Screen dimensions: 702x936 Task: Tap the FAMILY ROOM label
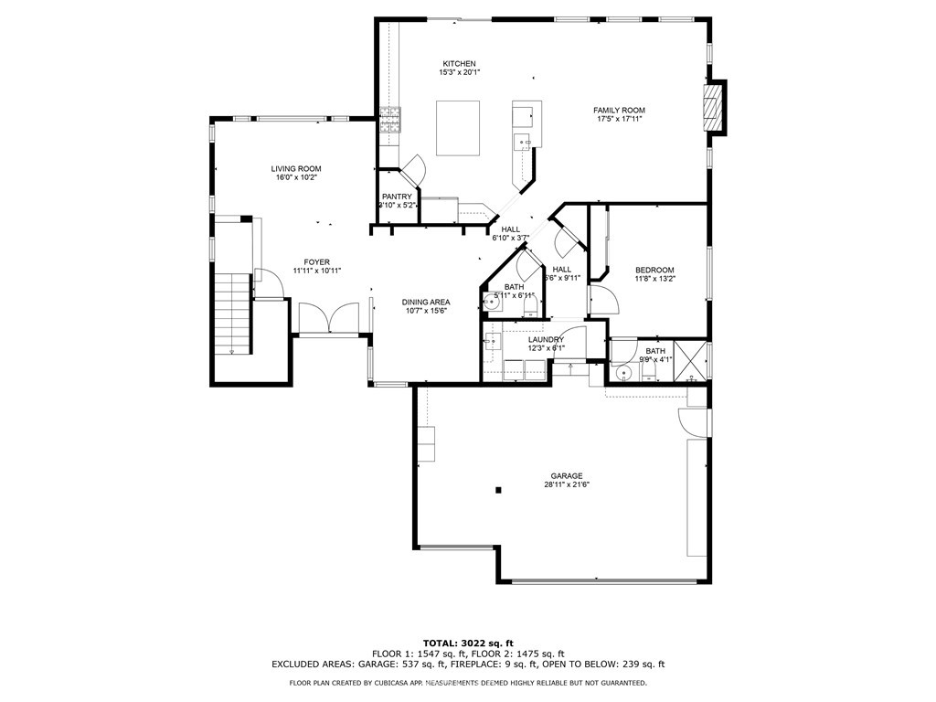(x=621, y=111)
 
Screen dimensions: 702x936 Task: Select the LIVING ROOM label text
(x=295, y=168)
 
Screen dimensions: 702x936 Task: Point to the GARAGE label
(x=566, y=475)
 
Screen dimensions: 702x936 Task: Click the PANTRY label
(x=398, y=197)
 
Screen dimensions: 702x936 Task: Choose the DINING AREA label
(x=425, y=302)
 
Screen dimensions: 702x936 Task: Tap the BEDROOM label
(x=654, y=270)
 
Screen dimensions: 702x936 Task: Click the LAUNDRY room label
(x=545, y=339)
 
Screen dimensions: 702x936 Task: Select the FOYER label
(x=311, y=261)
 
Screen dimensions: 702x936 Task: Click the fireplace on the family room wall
(x=714, y=108)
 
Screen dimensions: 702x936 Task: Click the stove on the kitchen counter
(x=390, y=121)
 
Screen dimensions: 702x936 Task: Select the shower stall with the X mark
(x=690, y=359)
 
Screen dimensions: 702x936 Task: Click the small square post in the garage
(x=498, y=490)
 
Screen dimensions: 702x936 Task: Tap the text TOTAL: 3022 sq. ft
(x=467, y=643)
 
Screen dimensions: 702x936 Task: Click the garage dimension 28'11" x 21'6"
(x=567, y=485)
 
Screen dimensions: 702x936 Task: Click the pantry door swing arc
(x=413, y=168)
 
